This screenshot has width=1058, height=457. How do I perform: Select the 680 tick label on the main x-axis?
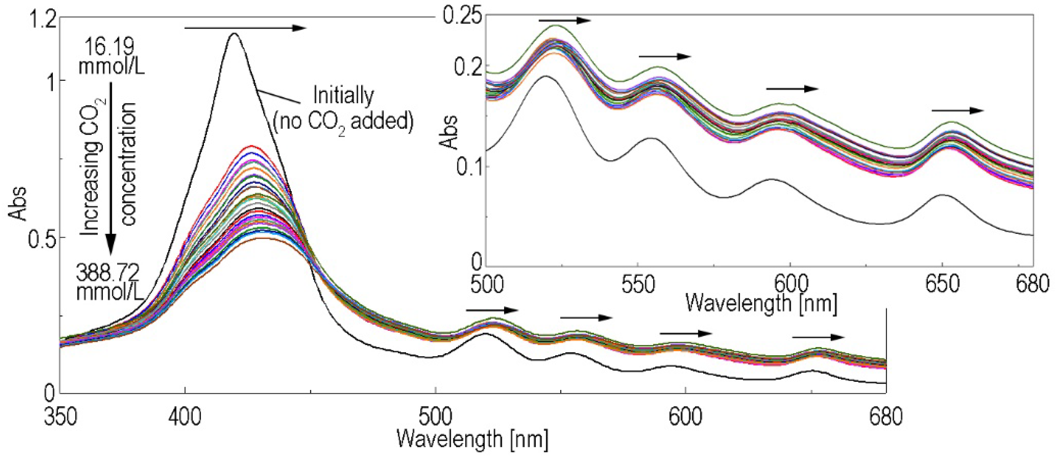pyautogui.click(x=885, y=416)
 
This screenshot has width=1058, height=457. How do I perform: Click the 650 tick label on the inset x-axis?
pyautogui.click(x=942, y=284)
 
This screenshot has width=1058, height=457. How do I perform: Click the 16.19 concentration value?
pyautogui.click(x=109, y=48)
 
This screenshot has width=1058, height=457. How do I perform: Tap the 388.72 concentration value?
pyautogui.click(x=108, y=272)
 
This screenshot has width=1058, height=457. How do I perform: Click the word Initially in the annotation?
pyautogui.click(x=343, y=96)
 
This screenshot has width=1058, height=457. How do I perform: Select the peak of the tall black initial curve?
pyautogui.click(x=235, y=34)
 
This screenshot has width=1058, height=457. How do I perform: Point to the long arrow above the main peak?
pyautogui.click(x=245, y=28)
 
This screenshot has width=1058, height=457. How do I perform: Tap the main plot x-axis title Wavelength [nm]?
pyautogui.click(x=472, y=439)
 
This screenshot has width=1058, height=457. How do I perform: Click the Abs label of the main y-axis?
pyautogui.click(x=17, y=204)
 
